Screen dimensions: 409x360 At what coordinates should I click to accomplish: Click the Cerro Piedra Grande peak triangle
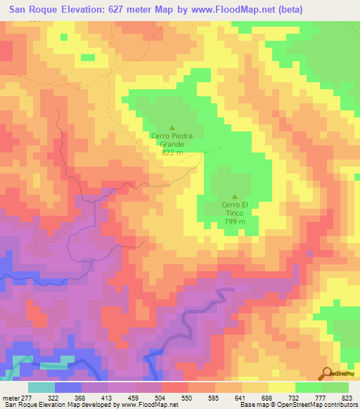coord(172,127)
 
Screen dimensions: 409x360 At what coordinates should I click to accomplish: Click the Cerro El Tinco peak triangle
coord(235,197)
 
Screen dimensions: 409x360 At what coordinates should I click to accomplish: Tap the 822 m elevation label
coord(172,152)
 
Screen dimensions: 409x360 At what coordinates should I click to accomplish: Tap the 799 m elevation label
coord(235,221)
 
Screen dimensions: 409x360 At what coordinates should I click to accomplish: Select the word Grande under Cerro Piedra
coord(172,144)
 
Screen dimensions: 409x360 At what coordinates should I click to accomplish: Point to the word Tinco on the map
coord(235,213)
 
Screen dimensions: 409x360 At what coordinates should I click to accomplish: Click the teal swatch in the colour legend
coord(41,387)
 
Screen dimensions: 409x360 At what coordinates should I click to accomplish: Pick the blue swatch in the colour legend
coord(68,387)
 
